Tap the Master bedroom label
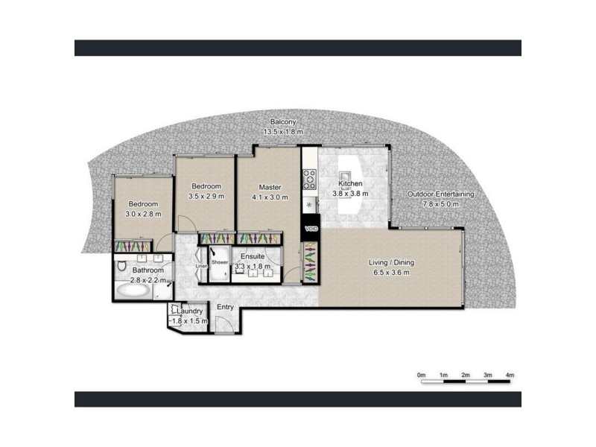point(270,187)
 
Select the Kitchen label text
point(350,184)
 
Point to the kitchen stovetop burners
point(309,179)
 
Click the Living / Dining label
point(391,263)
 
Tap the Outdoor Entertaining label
point(441,194)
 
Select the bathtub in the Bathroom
point(134,291)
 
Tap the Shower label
point(220,262)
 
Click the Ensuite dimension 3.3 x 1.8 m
point(253,267)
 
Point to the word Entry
point(225,307)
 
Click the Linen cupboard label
point(200,266)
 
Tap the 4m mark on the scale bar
point(510,374)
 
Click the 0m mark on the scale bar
point(421,374)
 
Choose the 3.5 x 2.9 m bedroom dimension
point(206,196)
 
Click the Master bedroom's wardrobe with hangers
point(253,238)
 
